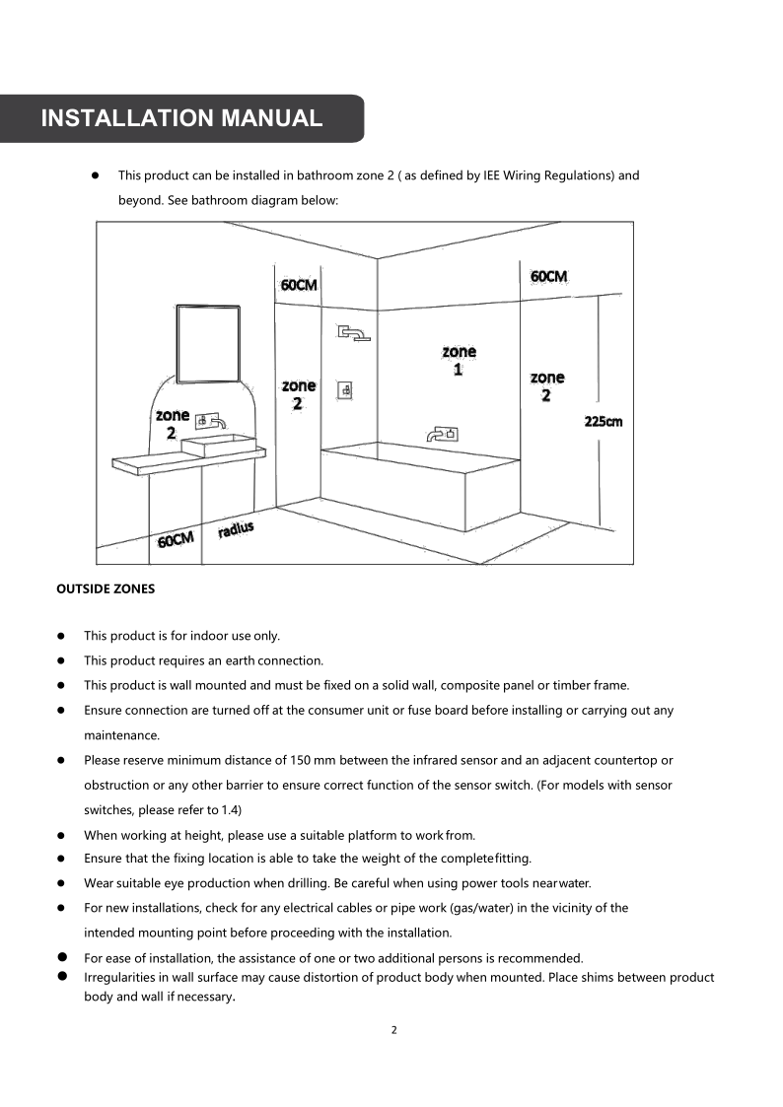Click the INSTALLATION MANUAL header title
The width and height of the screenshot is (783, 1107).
[x=181, y=118]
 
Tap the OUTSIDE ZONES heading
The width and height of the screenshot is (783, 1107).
[x=106, y=588]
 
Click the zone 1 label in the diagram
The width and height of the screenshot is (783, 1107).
[x=459, y=360]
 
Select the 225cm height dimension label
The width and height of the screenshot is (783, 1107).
[x=604, y=422]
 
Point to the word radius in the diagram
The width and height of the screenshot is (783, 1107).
[x=236, y=529]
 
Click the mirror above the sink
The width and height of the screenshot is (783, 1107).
[x=208, y=343]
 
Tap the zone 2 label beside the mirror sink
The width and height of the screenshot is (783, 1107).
[x=172, y=424]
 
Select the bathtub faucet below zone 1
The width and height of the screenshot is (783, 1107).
[x=441, y=433]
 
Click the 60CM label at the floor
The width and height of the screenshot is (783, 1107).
[x=176, y=539]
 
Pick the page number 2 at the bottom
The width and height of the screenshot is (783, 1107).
[x=393, y=1030]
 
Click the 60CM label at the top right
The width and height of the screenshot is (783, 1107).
[x=548, y=276]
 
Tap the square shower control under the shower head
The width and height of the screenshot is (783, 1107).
[x=346, y=390]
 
